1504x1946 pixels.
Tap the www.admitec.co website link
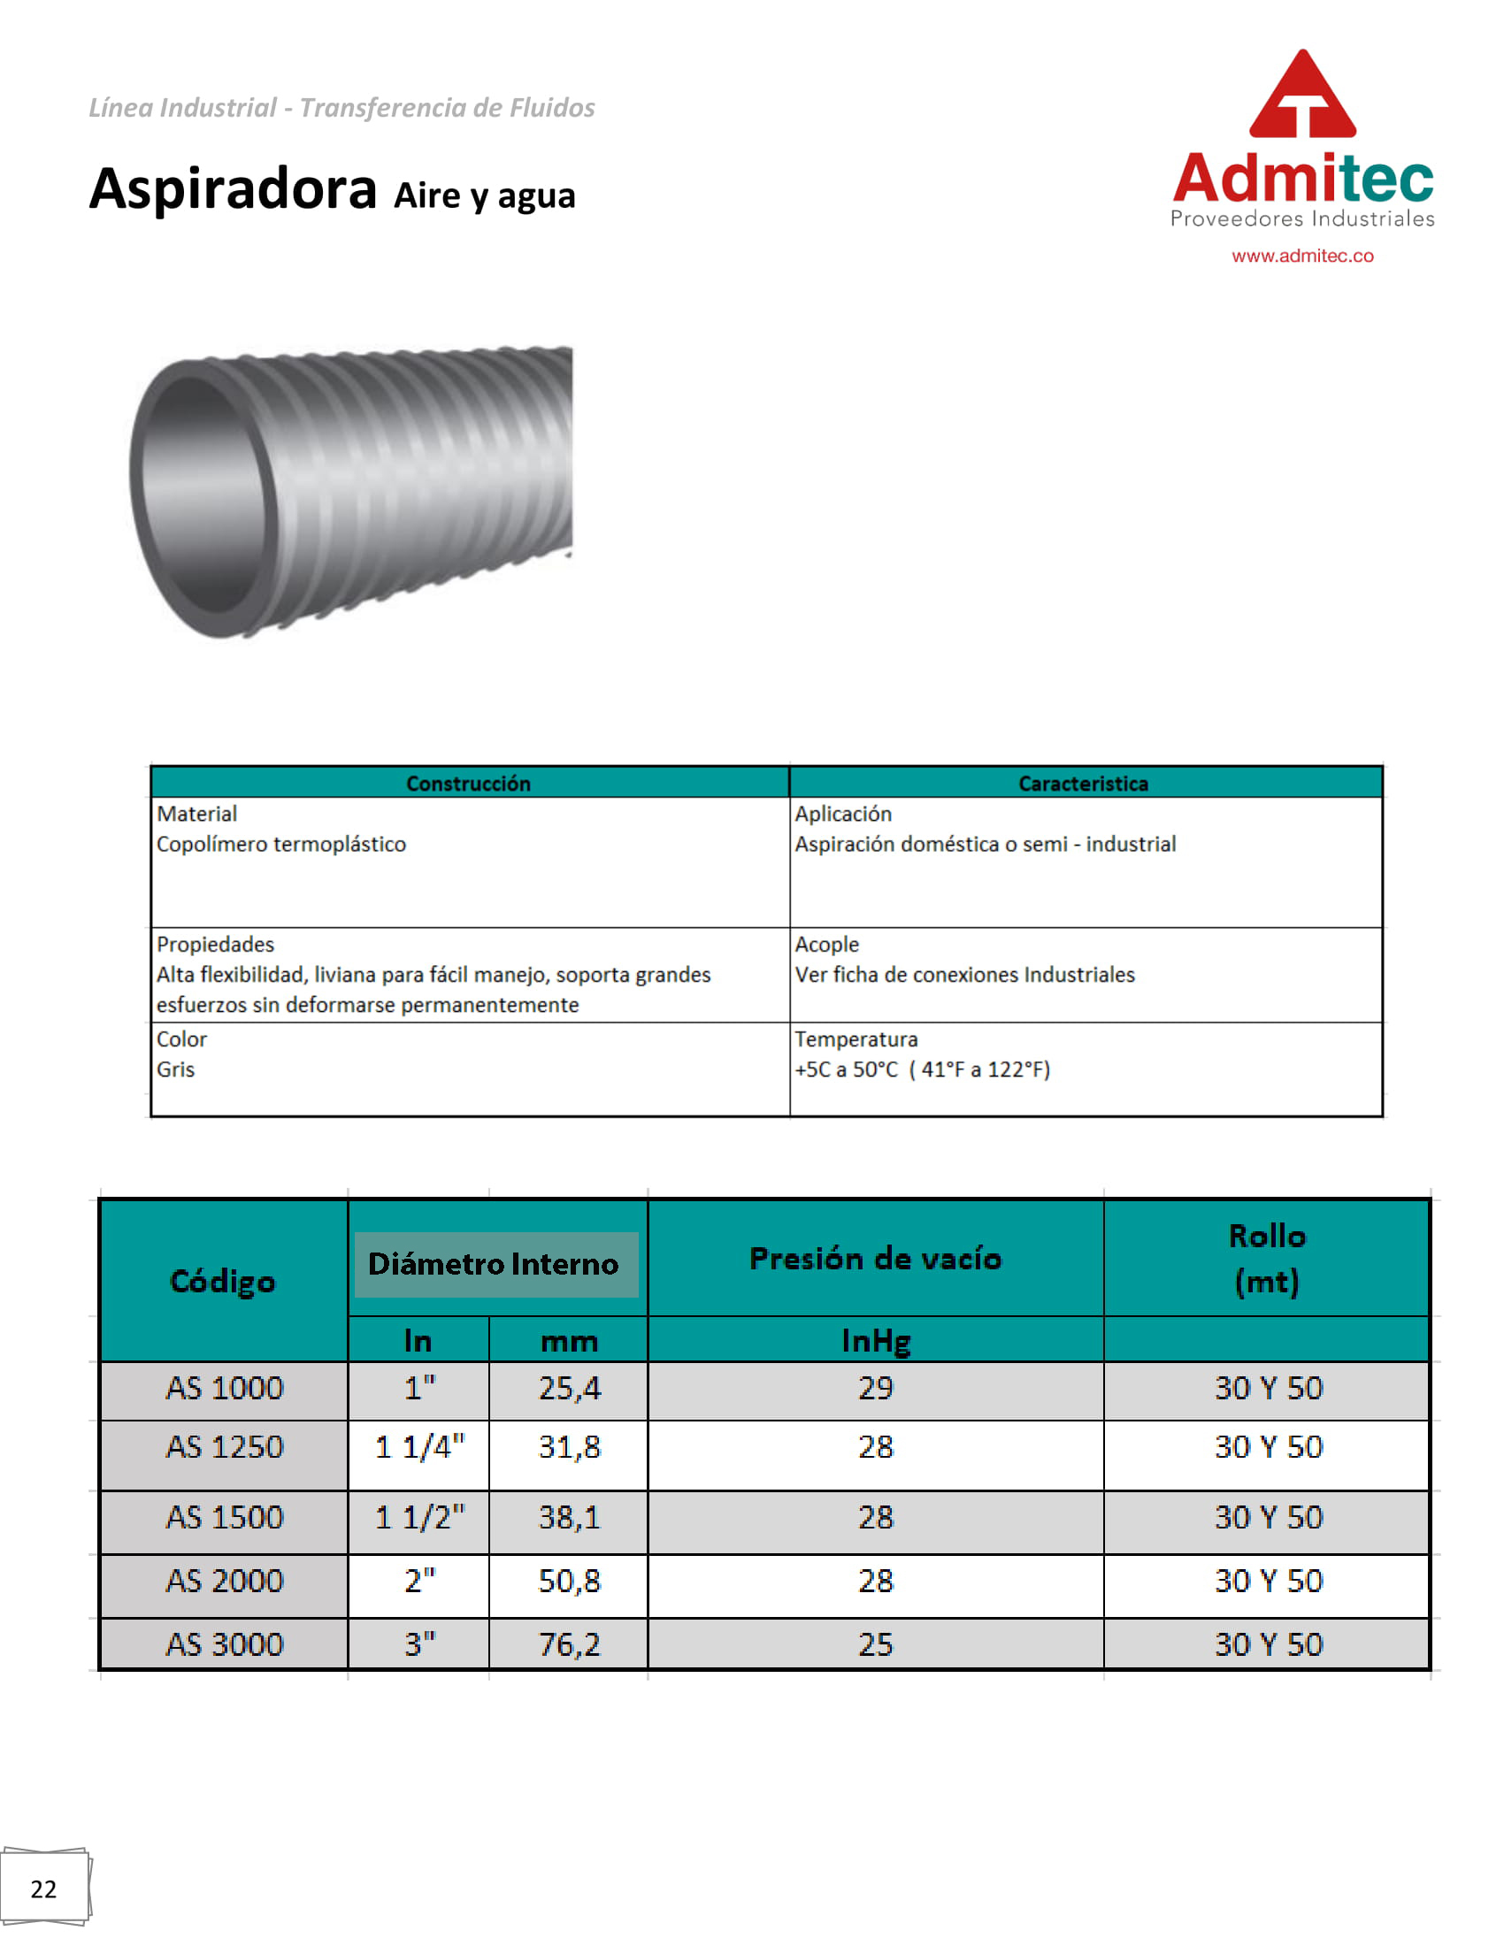(1301, 256)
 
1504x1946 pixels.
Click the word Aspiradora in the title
(234, 189)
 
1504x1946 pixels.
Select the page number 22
(43, 1889)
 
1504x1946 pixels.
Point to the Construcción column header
(469, 783)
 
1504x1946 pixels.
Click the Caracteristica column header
(1083, 783)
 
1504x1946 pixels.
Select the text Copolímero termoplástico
(281, 844)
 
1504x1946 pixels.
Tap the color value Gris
(175, 1069)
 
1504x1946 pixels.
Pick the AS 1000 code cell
(225, 1388)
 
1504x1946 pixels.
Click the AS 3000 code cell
(225, 1644)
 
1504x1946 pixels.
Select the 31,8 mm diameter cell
(570, 1447)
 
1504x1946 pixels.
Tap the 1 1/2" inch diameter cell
(419, 1517)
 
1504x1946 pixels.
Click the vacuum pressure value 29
(875, 1388)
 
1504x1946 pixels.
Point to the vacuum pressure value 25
(875, 1644)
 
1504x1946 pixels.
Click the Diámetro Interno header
(493, 1263)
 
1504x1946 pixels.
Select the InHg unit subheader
(875, 1340)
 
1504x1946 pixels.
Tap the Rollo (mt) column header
(1267, 1258)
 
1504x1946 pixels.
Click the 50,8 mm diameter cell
(570, 1581)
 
